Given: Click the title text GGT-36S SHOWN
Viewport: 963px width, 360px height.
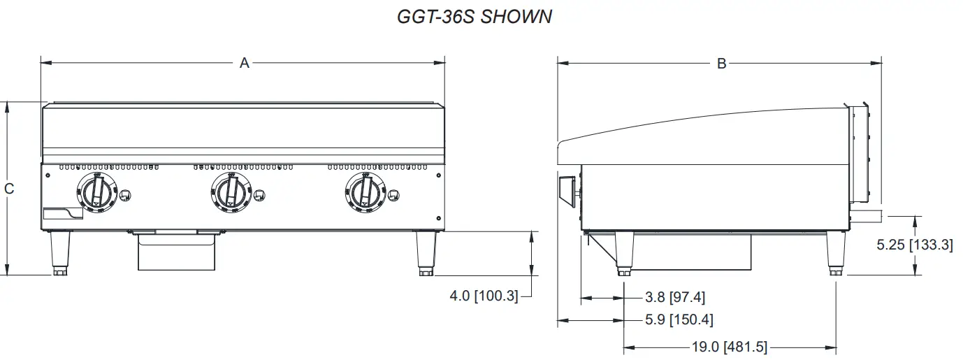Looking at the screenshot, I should [475, 17].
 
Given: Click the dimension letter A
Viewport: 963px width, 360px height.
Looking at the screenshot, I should [245, 64].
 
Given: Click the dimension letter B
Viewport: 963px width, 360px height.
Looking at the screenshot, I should [722, 64].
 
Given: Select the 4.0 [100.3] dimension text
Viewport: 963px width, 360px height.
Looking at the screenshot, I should [484, 296].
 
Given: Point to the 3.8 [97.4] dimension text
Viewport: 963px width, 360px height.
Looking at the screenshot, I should [674, 298].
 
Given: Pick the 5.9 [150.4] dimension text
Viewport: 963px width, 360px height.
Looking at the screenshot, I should [679, 320].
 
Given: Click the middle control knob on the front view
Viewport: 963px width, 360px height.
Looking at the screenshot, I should [229, 192].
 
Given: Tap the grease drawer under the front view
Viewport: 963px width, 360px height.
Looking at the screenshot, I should [176, 253].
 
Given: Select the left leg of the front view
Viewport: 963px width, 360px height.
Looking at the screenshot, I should [61, 253].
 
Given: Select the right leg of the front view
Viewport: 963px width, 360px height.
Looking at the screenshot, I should [425, 253].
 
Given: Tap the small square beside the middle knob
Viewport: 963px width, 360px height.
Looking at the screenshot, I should [259, 194].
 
